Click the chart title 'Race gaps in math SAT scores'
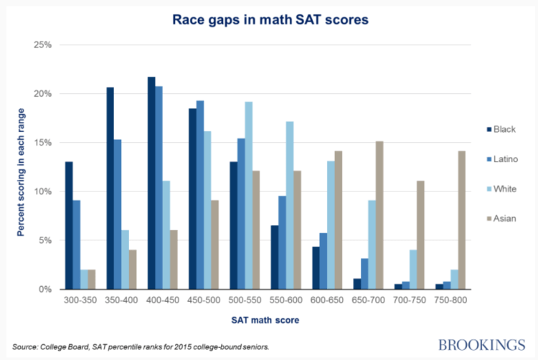click(270, 20)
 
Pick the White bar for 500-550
click(249, 195)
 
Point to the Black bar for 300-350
click(69, 225)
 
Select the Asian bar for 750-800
click(461, 219)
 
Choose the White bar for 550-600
click(290, 205)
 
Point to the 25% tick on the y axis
click(42, 45)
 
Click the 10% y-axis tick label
click(42, 191)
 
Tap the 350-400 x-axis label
click(118, 301)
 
